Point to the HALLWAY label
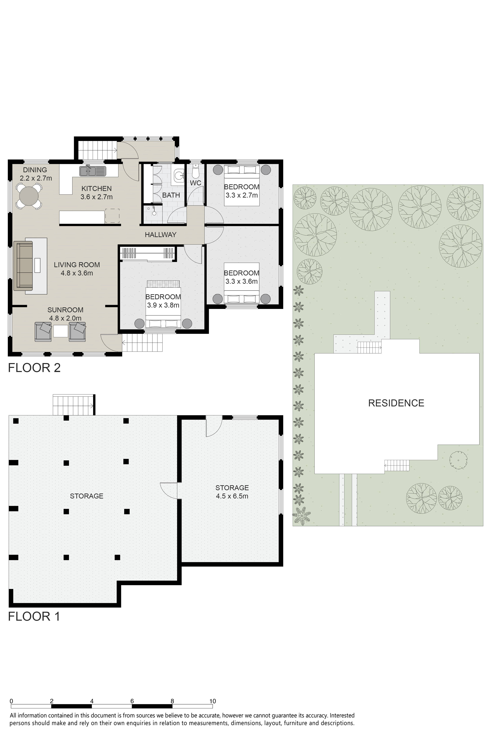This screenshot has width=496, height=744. click(x=160, y=235)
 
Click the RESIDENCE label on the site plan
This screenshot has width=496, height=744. click(x=396, y=403)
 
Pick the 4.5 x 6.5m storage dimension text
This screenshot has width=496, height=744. click(x=232, y=496)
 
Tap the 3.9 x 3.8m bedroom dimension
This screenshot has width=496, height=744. click(x=163, y=305)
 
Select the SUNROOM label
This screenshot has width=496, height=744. click(x=65, y=310)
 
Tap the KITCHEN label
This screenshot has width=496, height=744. click(x=97, y=188)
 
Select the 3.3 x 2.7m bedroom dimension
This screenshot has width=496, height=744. click(x=242, y=195)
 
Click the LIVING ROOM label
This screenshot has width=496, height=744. click(x=77, y=265)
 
